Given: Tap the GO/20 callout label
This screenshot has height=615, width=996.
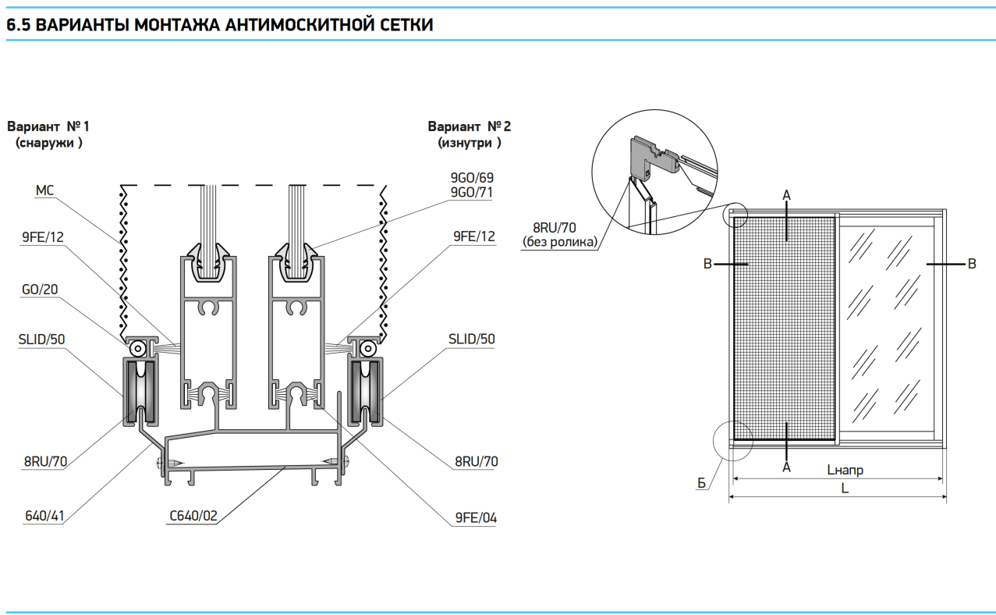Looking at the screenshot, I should click(39, 290).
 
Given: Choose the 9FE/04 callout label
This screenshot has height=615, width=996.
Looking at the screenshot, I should click(476, 517).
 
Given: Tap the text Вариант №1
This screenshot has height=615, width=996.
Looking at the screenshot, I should click(48, 126).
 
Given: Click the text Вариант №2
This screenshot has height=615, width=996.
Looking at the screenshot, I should click(470, 126).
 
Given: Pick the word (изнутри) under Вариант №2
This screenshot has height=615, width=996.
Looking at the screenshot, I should click(470, 143).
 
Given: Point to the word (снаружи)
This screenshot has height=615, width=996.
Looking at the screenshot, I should click(48, 143).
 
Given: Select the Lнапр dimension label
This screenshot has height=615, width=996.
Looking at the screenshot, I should click(845, 470).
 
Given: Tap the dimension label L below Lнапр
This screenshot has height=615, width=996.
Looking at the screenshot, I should click(845, 488).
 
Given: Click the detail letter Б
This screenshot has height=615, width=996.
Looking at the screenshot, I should click(701, 484).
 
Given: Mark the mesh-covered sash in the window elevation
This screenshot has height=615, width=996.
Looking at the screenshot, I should click(785, 328).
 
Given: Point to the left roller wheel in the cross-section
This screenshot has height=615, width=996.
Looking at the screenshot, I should click(140, 390).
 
